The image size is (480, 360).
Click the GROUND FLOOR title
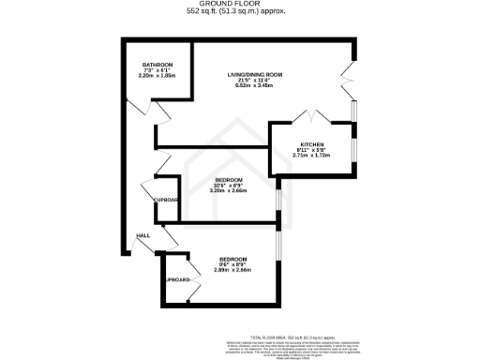(240, 5)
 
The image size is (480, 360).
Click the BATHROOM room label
(158, 65)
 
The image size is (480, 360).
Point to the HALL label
(143, 236)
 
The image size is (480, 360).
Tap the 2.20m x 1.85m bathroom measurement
(158, 76)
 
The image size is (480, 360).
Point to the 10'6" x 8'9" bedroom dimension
(230, 185)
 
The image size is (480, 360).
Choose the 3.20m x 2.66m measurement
(230, 190)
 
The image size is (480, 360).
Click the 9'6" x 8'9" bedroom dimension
(232, 264)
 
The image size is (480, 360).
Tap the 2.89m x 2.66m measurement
(232, 270)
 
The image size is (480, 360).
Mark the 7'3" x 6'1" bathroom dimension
(158, 70)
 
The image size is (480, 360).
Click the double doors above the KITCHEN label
(305, 118)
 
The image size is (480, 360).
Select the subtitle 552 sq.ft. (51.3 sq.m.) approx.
(240, 12)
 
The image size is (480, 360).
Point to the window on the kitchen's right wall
(354, 150)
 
